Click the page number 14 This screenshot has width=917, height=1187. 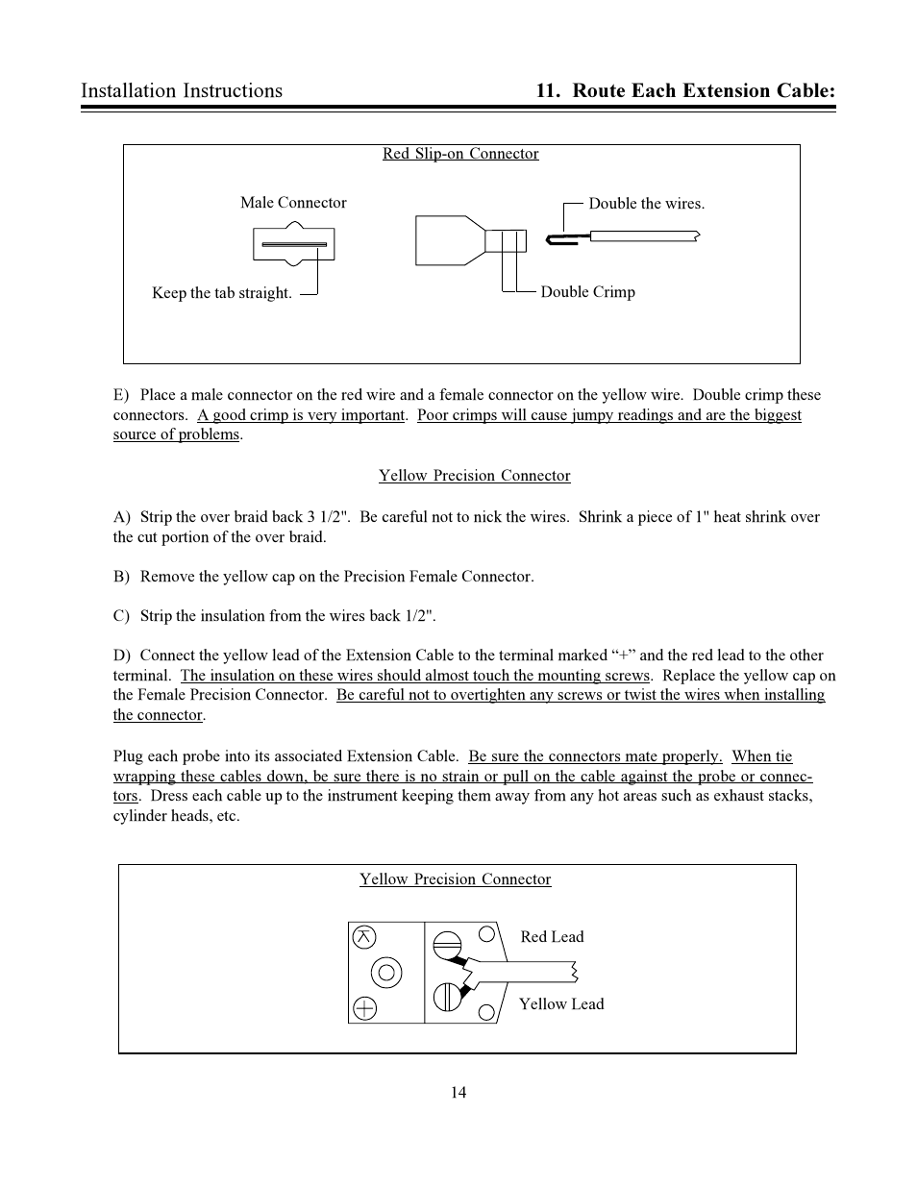click(x=458, y=1092)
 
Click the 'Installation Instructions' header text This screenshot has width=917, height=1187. click(x=182, y=90)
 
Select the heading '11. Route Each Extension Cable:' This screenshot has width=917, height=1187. click(x=685, y=90)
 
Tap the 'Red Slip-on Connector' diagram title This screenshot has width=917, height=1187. click(x=460, y=154)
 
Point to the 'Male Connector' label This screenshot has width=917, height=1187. click(x=293, y=203)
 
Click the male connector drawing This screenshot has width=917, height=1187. click(x=293, y=244)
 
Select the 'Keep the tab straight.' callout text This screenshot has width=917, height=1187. click(x=222, y=293)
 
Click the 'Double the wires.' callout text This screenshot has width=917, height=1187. click(x=646, y=204)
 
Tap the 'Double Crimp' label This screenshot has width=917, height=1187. click(x=587, y=292)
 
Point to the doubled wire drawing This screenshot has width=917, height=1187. click(x=625, y=236)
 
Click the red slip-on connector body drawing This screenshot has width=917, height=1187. click(x=452, y=240)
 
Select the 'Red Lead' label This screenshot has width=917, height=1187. click(x=552, y=937)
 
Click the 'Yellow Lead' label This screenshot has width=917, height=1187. click(x=561, y=1004)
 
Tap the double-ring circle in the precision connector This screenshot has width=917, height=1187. click(x=386, y=973)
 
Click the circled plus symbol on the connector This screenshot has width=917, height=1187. click(x=364, y=1007)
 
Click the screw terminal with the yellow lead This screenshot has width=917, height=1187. click(x=447, y=998)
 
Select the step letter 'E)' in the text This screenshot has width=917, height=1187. click(x=121, y=395)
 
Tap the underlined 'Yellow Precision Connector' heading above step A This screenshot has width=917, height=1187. click(x=474, y=476)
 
